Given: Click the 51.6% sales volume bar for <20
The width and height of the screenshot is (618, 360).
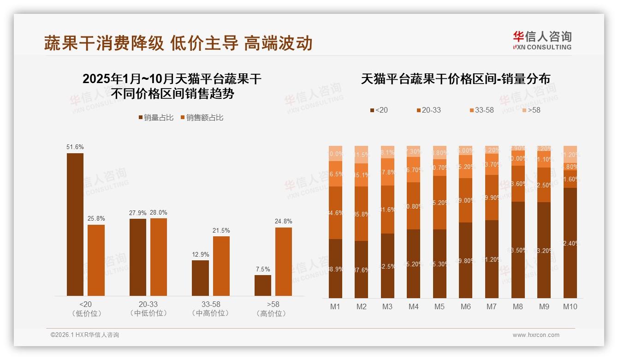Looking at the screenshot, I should [x=75, y=224].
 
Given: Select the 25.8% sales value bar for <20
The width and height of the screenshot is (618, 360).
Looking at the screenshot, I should [x=96, y=260].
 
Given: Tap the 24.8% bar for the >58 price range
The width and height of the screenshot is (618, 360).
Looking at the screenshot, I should [x=283, y=262].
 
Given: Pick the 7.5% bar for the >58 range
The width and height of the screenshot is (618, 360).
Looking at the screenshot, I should [x=262, y=285].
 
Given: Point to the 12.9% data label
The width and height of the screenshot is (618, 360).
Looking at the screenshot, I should [x=200, y=254].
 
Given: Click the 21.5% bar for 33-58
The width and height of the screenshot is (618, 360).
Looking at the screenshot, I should [x=221, y=266].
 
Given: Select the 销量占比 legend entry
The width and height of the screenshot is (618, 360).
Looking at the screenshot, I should [x=156, y=118].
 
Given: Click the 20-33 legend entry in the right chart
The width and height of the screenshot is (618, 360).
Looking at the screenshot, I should [x=428, y=110].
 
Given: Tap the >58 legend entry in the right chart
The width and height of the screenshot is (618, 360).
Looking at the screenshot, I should [x=531, y=110].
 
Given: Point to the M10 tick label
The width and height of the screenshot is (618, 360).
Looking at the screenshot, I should [x=570, y=306].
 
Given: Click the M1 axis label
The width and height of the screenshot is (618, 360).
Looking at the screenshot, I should [x=335, y=306].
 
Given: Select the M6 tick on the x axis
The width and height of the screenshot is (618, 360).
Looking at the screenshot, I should [x=466, y=306].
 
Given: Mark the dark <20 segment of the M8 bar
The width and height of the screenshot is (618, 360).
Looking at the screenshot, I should [x=518, y=250].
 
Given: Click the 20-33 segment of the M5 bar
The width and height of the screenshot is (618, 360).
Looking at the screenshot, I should [x=440, y=203].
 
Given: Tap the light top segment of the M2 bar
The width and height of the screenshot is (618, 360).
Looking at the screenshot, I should [x=361, y=155].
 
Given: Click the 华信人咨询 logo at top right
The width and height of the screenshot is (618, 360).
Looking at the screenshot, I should [x=542, y=40].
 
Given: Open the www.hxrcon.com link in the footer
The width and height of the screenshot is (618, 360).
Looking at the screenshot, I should [x=536, y=335].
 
